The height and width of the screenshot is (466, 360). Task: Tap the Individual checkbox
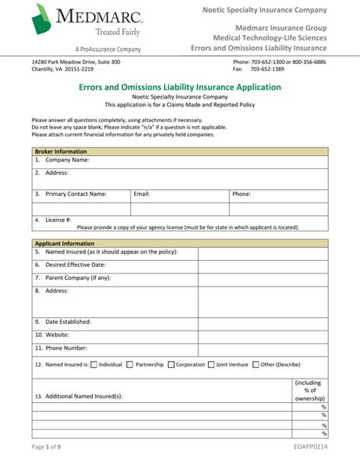pyautogui.click(x=94, y=364)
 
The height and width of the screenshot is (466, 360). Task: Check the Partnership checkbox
pyautogui.click(x=131, y=364)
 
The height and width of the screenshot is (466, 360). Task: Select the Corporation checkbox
pyautogui.click(x=171, y=364)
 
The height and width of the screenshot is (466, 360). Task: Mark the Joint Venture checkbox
pyautogui.click(x=210, y=364)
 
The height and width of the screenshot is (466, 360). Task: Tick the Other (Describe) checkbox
pyautogui.click(x=256, y=364)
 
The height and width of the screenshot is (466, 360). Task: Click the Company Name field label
pyautogui.click(x=67, y=160)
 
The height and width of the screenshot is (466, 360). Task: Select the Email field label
pyautogui.click(x=142, y=194)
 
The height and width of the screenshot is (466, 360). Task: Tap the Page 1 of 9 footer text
pyautogui.click(x=47, y=449)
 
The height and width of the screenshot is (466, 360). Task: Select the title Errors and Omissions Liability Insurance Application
pyautogui.click(x=180, y=87)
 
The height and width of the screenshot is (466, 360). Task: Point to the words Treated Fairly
pyautogui.click(x=118, y=32)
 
